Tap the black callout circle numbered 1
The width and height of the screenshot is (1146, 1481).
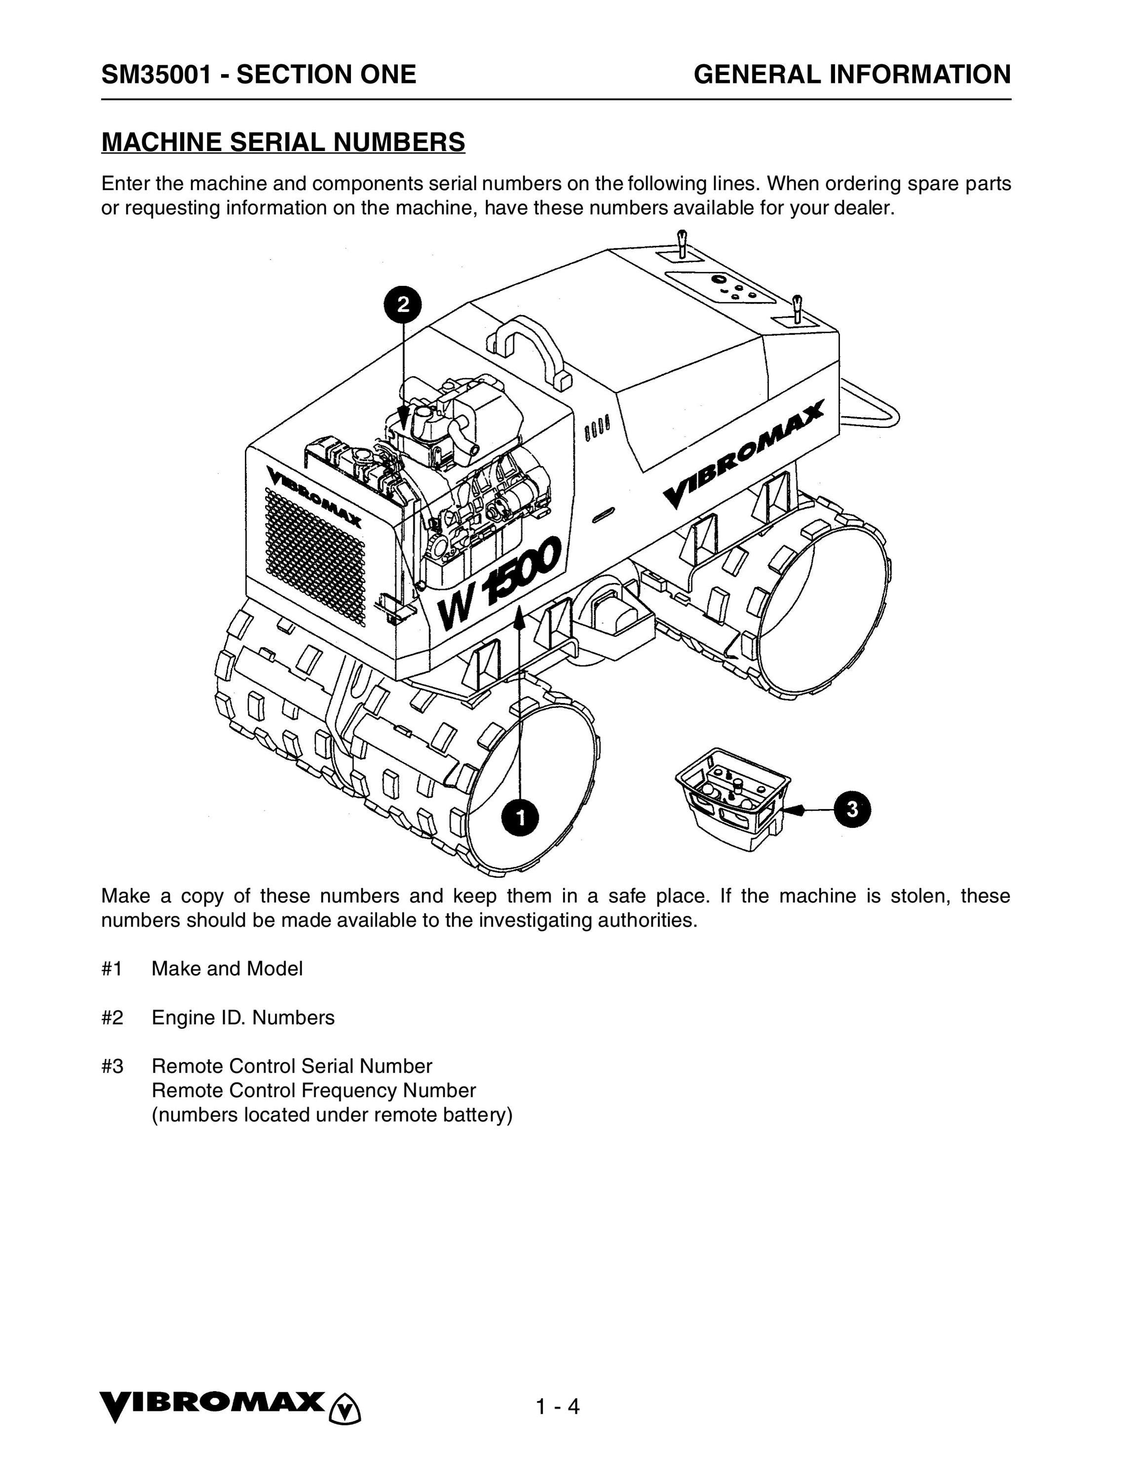(521, 818)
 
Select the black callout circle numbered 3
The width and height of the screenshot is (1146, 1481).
(852, 809)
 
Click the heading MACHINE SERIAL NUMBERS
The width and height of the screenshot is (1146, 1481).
(283, 142)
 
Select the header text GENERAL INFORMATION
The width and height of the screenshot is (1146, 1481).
(852, 74)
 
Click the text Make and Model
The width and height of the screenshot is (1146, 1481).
(227, 969)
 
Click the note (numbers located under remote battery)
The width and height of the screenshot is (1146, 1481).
(332, 1114)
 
